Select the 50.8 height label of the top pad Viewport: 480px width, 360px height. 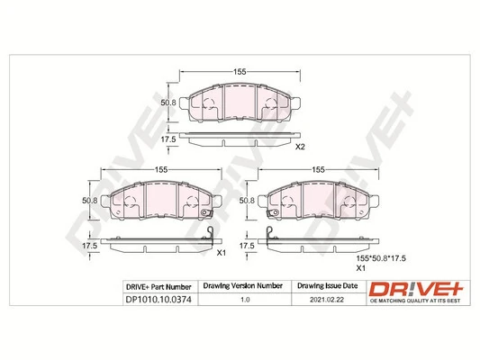coord(168,103)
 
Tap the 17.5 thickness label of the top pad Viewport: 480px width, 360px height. coord(168,139)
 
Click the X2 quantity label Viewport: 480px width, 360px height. coord(303,147)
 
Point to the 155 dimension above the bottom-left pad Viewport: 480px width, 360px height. coord(162,170)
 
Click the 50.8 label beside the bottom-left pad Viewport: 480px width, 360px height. coord(89,200)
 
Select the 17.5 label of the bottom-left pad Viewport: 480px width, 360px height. coord(89,245)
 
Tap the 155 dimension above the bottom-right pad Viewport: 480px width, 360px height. coord(318,170)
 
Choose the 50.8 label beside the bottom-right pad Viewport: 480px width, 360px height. coord(249,200)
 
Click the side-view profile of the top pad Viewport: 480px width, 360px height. coord(240,139)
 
